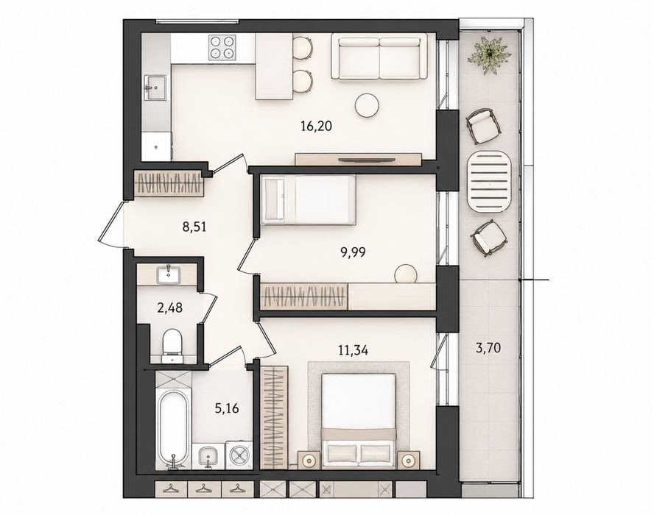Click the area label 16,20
point(316,125)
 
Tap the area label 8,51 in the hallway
point(194,227)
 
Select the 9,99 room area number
point(353,252)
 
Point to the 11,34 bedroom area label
point(353,350)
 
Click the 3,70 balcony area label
point(488,347)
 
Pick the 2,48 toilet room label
point(169,308)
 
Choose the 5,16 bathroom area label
point(227,408)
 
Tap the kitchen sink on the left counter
point(155,88)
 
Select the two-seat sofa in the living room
point(379,56)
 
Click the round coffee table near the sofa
point(367,104)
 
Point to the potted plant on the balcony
point(490,55)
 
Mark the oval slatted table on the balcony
point(489,182)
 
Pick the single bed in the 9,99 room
point(309,199)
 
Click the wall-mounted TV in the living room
point(366,159)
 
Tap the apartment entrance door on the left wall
point(112,225)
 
